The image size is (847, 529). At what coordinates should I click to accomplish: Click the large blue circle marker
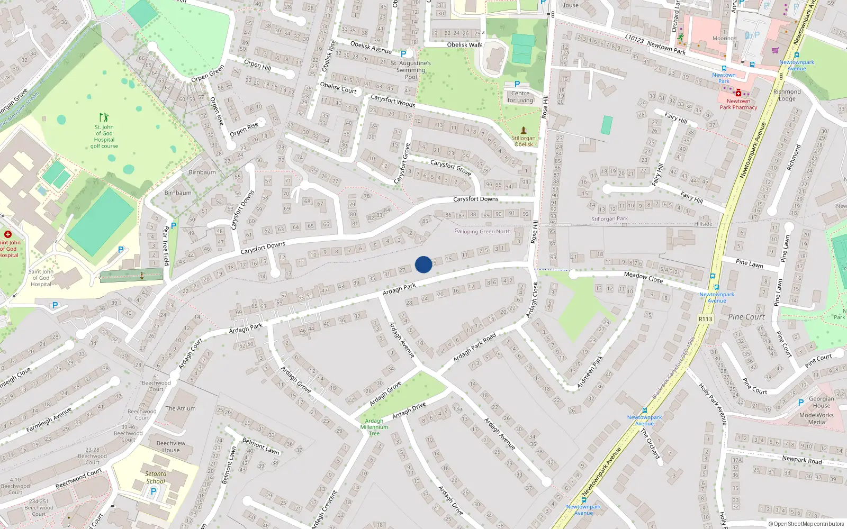tap(424, 264)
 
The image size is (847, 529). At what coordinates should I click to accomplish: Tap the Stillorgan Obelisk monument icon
tap(524, 130)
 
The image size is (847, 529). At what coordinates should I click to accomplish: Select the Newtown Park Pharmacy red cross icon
tap(738, 93)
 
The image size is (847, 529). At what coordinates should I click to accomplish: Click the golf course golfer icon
tap(104, 117)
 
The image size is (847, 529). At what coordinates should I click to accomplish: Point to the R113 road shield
tap(706, 319)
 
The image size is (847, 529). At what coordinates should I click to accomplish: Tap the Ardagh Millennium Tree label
tap(374, 427)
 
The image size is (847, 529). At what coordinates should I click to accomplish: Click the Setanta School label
tap(156, 478)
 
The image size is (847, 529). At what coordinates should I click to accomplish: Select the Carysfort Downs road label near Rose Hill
tap(475, 199)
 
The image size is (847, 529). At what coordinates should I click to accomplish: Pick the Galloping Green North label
tap(483, 232)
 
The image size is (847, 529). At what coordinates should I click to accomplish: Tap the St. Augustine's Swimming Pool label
tap(411, 70)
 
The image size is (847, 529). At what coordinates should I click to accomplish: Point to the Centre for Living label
tap(520, 97)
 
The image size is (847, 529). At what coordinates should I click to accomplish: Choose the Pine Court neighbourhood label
tap(746, 317)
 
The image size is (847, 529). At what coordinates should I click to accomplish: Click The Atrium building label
tap(181, 408)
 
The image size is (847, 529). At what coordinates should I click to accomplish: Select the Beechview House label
tap(171, 447)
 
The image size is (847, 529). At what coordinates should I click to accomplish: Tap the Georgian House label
tap(822, 403)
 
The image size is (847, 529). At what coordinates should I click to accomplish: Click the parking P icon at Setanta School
tap(154, 491)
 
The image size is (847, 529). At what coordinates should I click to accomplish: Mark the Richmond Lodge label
tap(787, 95)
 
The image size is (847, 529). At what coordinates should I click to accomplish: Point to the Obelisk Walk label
tap(465, 45)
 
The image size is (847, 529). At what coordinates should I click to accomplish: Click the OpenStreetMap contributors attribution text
tap(806, 524)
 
